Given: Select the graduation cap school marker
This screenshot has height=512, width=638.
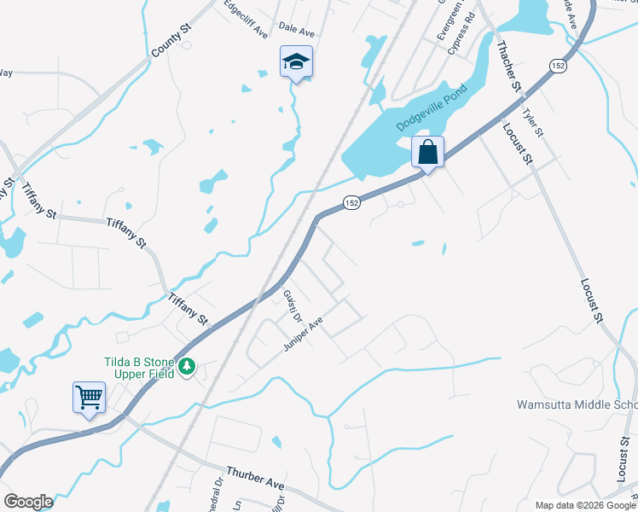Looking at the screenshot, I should pos(296,61).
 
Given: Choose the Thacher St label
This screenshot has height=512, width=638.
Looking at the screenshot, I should pos(507,66).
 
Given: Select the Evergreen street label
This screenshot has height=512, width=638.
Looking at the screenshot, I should pos(444,21).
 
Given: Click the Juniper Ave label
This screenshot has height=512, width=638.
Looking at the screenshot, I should pos(304,335).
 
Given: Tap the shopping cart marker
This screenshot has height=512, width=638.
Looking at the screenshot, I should pos(89,398).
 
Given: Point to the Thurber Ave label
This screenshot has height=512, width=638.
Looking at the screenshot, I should pos(255,478).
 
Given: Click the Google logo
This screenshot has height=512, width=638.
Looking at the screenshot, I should pos(28,502).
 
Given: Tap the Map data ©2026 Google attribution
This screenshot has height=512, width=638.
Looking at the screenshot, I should pos(585,505).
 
